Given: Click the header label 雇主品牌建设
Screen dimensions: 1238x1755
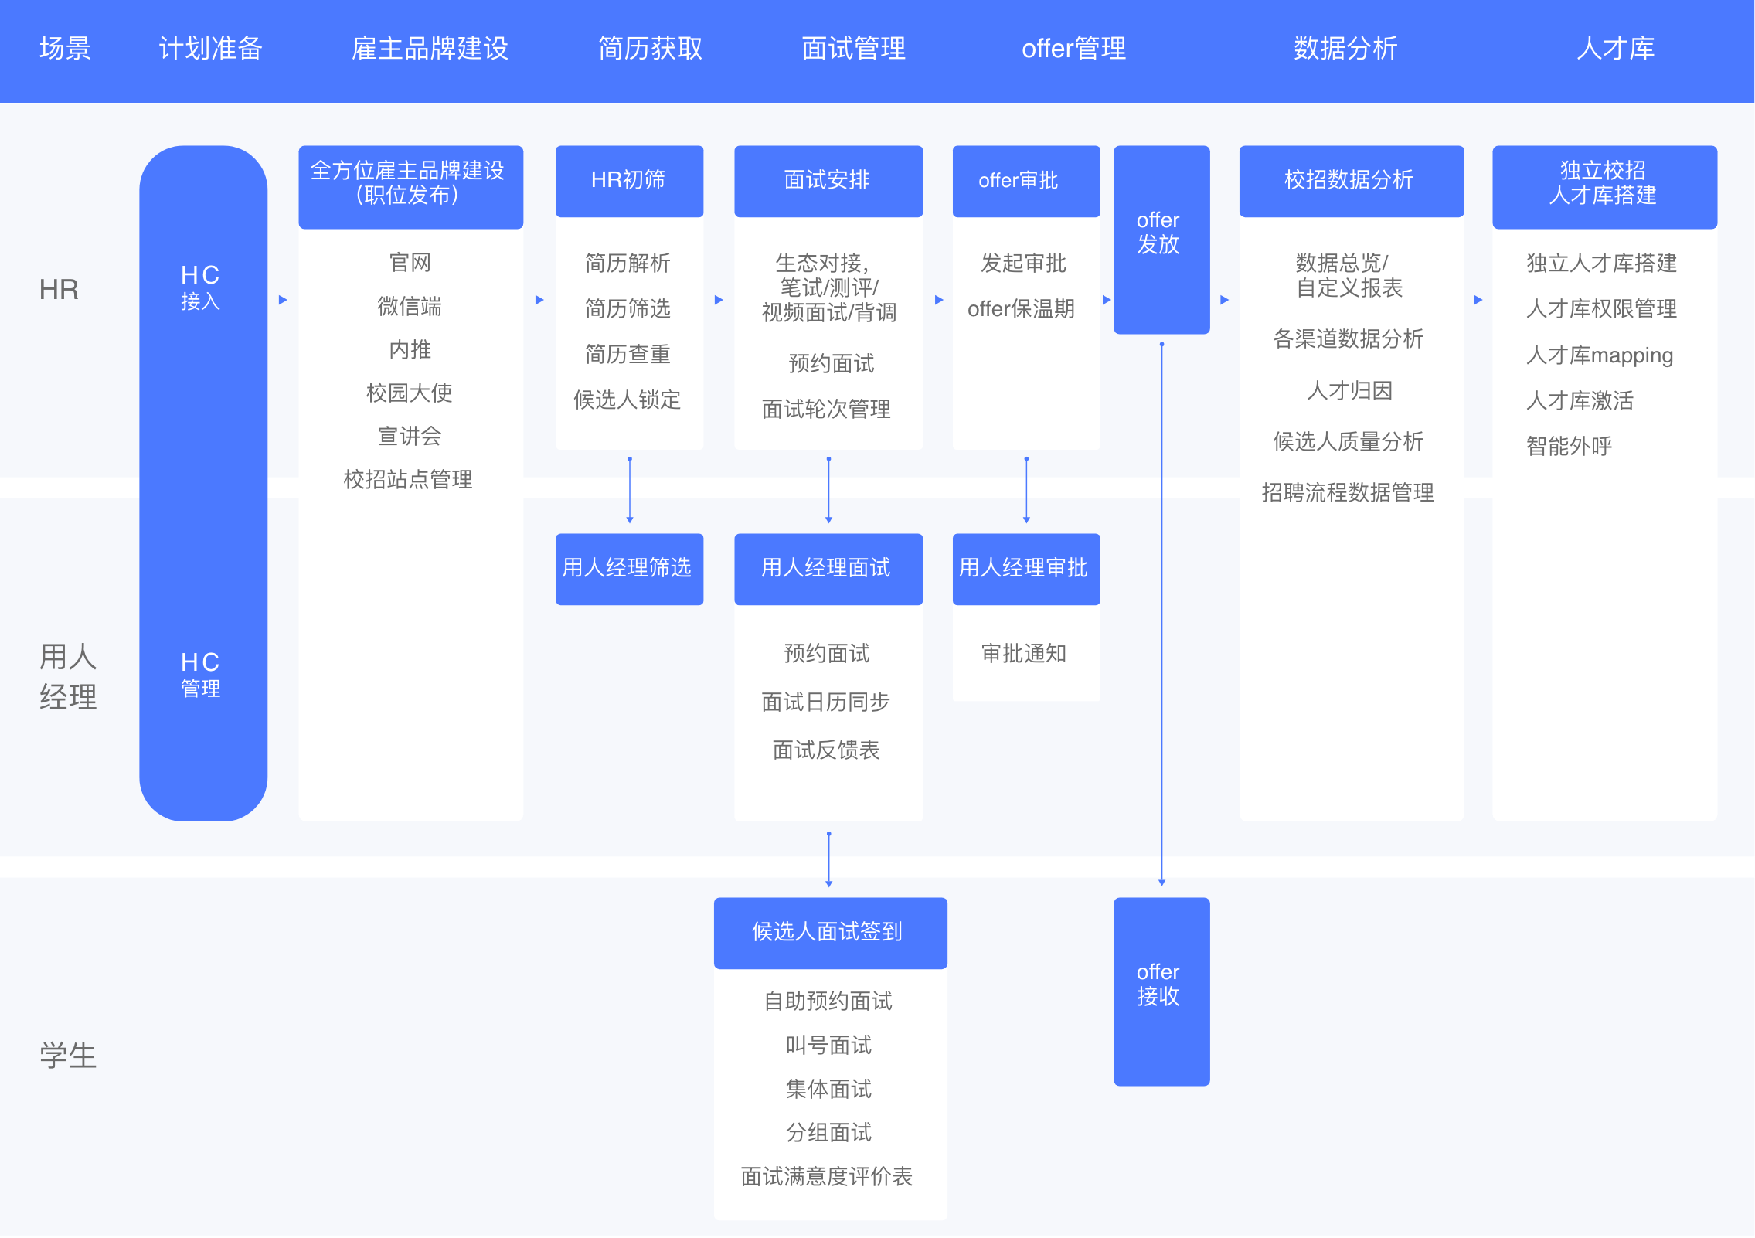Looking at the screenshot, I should [x=430, y=49].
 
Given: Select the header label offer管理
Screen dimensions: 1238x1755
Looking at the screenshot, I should [x=1073, y=49].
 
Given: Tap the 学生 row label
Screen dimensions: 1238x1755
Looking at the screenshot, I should [x=68, y=1055].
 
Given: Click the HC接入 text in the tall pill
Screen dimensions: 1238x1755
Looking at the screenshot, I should [x=201, y=287].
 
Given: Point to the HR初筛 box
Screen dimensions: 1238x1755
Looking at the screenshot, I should [x=629, y=181].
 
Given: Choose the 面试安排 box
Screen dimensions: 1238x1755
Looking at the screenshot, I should [x=828, y=181].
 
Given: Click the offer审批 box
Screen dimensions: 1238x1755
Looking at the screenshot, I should [x=1025, y=181].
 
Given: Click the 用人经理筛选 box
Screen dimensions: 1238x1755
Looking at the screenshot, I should [x=629, y=569].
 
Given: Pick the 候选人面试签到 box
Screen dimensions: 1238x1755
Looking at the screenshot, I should [x=830, y=932].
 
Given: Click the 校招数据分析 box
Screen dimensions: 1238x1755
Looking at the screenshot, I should [x=1351, y=181].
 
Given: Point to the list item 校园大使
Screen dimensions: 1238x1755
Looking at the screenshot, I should [x=410, y=393].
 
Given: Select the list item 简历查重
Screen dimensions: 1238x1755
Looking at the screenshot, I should [x=628, y=355].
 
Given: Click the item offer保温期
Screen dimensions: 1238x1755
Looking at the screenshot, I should [x=1021, y=309].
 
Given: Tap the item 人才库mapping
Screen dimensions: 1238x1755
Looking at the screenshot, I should [x=1599, y=355].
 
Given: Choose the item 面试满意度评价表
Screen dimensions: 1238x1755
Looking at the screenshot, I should [x=827, y=1176].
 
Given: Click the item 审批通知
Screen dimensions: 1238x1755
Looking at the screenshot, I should [x=1024, y=654].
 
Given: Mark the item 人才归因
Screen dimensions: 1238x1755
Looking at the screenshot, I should [x=1349, y=391].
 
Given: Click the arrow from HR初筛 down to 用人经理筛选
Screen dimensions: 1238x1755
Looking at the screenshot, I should [x=630, y=490].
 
